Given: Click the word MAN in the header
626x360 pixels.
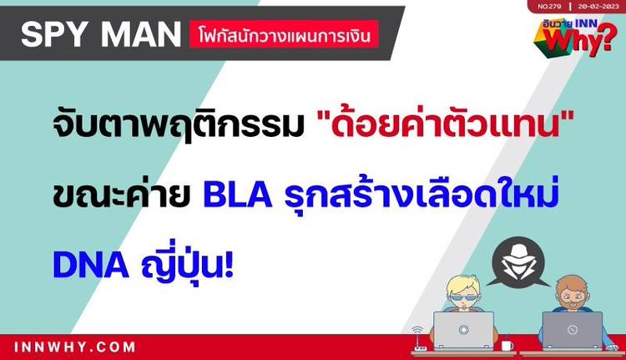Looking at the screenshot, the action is pyautogui.click(x=141, y=34).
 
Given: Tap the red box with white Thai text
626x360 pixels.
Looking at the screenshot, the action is pyautogui.click(x=284, y=34).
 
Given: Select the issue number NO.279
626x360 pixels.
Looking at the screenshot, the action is pyautogui.click(x=549, y=7).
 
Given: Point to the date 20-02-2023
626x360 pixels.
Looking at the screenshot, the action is pyautogui.click(x=598, y=7).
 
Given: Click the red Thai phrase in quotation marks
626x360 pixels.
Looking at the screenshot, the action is pyautogui.click(x=445, y=124).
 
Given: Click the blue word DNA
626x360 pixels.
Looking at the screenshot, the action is pyautogui.click(x=91, y=265).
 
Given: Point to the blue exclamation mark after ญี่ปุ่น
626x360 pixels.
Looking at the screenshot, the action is pyautogui.click(x=229, y=265).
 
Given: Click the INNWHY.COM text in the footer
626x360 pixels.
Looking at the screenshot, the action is pyautogui.click(x=74, y=347).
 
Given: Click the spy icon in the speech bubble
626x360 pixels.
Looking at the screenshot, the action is pyautogui.click(x=518, y=262).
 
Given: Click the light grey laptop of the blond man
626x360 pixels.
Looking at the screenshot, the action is pyautogui.click(x=463, y=331).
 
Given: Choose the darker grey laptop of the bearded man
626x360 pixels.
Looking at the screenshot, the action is pyautogui.click(x=572, y=331).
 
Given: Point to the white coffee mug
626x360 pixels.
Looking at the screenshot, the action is pyautogui.click(x=507, y=345).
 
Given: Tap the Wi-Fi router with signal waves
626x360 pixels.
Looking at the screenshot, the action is pyautogui.click(x=419, y=339).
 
